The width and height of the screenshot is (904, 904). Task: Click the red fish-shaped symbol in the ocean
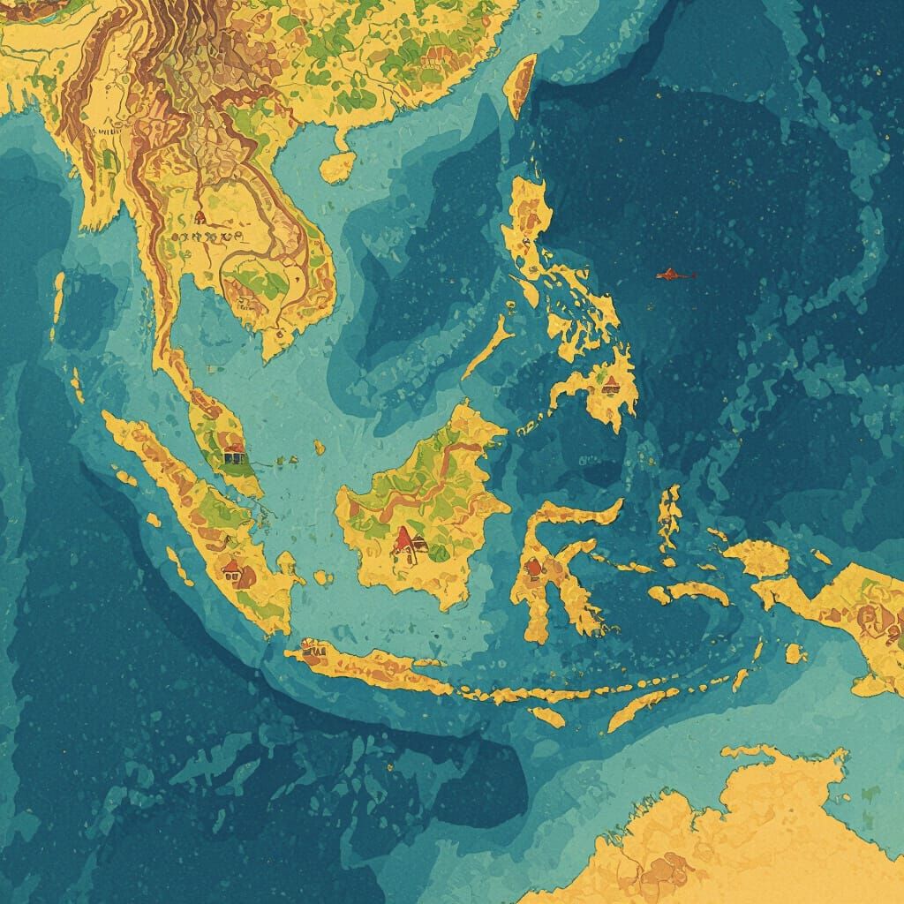point(674,275)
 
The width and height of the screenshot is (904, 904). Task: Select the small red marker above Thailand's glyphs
point(200,215)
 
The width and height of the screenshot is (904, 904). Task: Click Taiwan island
point(523,85)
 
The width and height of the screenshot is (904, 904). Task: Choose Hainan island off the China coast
point(338,166)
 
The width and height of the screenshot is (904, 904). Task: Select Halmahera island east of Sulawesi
point(670,516)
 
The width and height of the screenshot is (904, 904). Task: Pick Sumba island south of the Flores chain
point(548,717)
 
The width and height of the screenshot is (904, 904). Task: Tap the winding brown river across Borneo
point(424,494)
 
